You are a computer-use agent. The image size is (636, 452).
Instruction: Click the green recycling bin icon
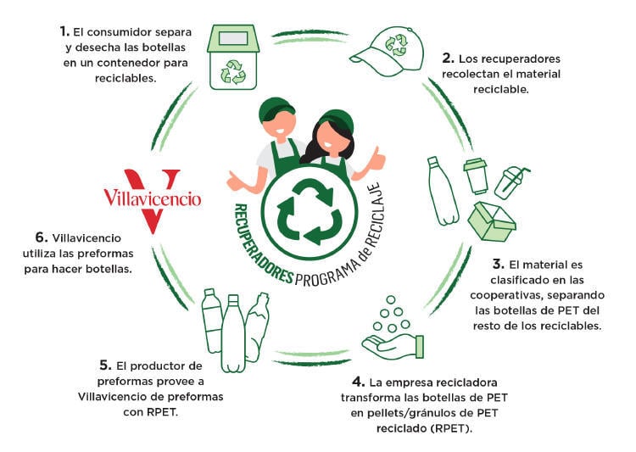[233, 58]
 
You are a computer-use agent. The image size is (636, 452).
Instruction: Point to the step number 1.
[64, 31]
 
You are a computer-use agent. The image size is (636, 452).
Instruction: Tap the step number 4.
[359, 381]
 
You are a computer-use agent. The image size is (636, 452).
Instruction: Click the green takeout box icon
[492, 221]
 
